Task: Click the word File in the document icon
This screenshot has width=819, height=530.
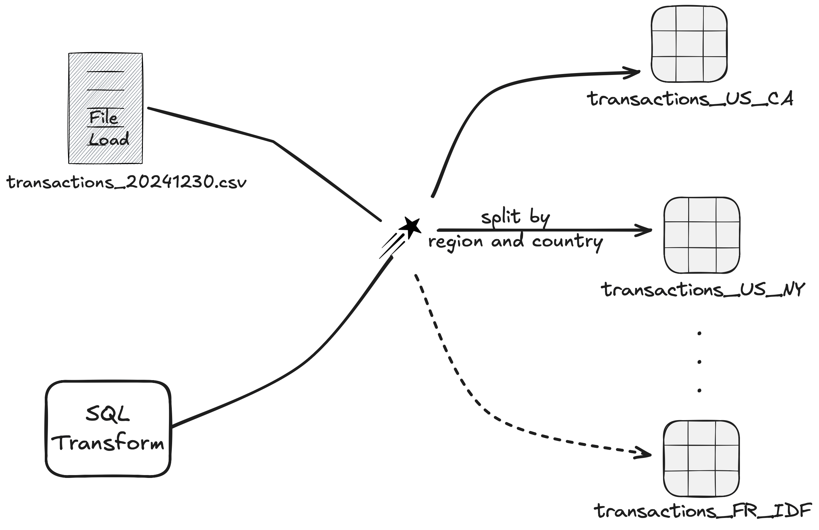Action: click(x=103, y=118)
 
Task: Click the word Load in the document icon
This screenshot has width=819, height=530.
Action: click(x=109, y=139)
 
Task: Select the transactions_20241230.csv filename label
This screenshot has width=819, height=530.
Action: click(x=127, y=182)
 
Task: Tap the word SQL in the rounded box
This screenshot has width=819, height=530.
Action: click(x=107, y=414)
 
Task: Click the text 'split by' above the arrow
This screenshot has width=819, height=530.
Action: click(x=515, y=218)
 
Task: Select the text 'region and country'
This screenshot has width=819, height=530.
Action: click(x=515, y=242)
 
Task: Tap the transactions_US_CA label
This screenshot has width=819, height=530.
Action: click(x=690, y=99)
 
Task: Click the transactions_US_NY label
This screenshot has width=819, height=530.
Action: click(x=703, y=290)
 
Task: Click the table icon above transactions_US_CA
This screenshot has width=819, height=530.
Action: click(x=689, y=44)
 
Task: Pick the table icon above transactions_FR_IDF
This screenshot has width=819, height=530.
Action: click(x=701, y=459)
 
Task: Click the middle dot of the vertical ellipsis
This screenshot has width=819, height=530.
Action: click(x=699, y=362)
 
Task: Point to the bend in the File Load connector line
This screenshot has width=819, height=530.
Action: click(x=273, y=141)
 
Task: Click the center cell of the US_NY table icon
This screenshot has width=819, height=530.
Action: click(x=702, y=235)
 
